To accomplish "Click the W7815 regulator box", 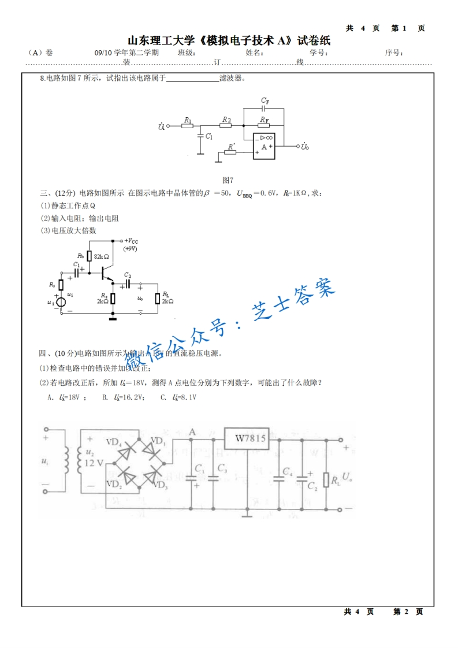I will point(250,438).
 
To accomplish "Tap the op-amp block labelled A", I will point(264,146).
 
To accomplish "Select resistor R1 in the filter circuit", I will point(187,125).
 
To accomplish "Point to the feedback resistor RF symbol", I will point(264,125).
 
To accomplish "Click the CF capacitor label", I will point(265,100).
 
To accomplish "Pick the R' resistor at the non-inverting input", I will point(231,152).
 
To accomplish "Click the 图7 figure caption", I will point(228,180).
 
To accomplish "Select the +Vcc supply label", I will point(131,240).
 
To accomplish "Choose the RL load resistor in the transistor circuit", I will point(157,298).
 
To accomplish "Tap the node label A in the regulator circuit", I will point(192,431).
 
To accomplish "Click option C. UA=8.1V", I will point(179,397).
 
